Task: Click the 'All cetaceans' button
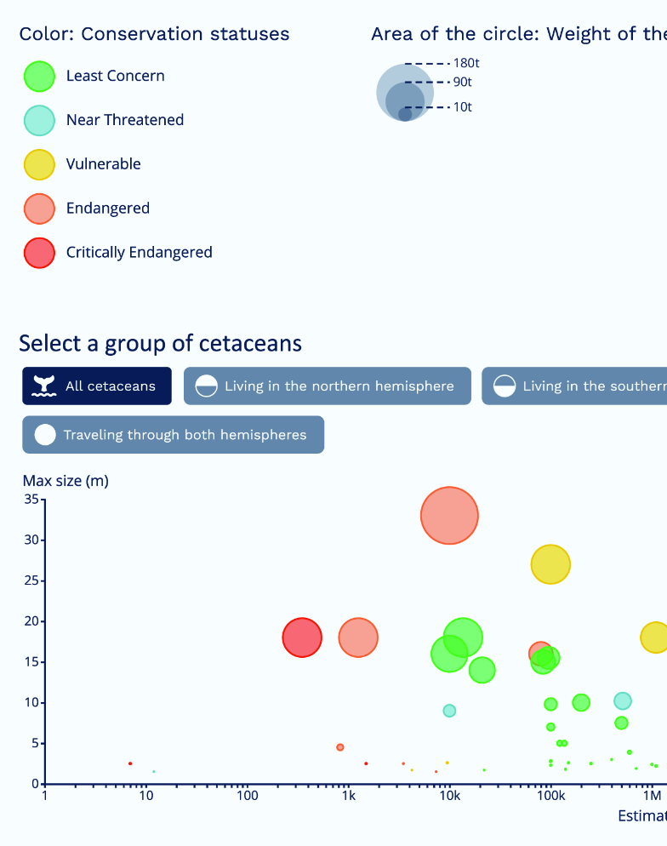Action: coord(97,386)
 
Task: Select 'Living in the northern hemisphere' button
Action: coord(328,386)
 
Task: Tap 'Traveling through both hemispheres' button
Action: coord(173,434)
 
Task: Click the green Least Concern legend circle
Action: coord(39,76)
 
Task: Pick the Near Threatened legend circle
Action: coord(39,120)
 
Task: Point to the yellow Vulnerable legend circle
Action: coord(39,164)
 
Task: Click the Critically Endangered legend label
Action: coord(140,253)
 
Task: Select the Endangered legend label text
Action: coord(108,209)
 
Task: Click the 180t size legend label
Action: coord(466,63)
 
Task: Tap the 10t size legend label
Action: coord(462,107)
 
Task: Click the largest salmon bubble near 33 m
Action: coord(449,516)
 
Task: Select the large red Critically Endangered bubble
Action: coord(302,637)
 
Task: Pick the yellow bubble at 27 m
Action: coord(550,564)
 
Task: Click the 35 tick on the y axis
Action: coord(31,499)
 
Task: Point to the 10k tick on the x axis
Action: coord(449,795)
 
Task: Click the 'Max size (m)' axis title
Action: coord(66,481)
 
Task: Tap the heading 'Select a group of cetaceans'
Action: coord(160,343)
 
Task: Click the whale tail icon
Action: coord(44,386)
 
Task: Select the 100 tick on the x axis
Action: coord(247,795)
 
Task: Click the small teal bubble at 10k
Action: coord(449,711)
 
